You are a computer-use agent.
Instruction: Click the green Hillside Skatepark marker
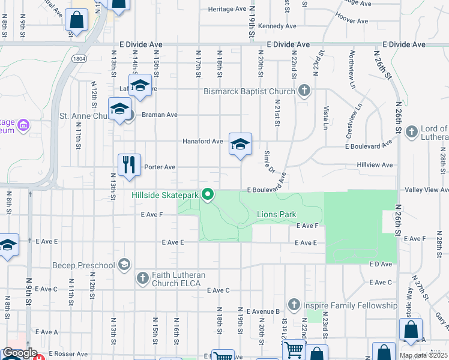(x=208, y=194)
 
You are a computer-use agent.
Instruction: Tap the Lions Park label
(x=277, y=214)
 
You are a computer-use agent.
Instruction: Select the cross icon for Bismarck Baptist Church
(x=304, y=91)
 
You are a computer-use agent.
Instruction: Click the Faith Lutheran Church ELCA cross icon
(x=142, y=278)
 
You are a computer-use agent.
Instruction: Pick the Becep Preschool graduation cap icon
(x=124, y=265)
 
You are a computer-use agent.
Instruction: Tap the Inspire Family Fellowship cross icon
(x=294, y=305)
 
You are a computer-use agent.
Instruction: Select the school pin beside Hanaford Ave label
(x=240, y=144)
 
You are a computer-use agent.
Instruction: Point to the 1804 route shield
(x=80, y=58)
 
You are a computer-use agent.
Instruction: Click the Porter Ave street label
(x=160, y=167)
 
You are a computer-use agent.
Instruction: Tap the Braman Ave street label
(x=160, y=114)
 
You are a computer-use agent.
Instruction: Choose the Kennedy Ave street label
(x=279, y=26)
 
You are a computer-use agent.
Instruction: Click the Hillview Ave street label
(x=375, y=164)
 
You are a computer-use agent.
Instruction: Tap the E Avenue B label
(x=261, y=311)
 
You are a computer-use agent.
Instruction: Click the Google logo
(x=19, y=353)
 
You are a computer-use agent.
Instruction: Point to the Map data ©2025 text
(x=423, y=355)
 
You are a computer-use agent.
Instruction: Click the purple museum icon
(x=23, y=125)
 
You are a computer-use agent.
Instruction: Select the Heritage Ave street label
(x=228, y=10)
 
